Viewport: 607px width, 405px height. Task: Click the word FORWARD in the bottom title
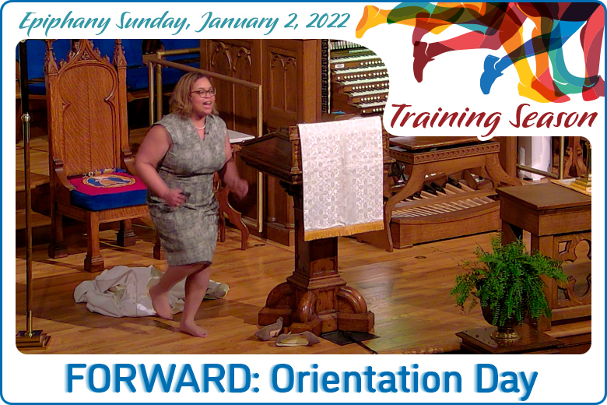click(156, 379)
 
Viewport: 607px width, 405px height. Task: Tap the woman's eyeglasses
click(204, 93)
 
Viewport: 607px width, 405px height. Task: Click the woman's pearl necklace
click(200, 126)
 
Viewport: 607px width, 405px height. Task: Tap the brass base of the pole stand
click(33, 340)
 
